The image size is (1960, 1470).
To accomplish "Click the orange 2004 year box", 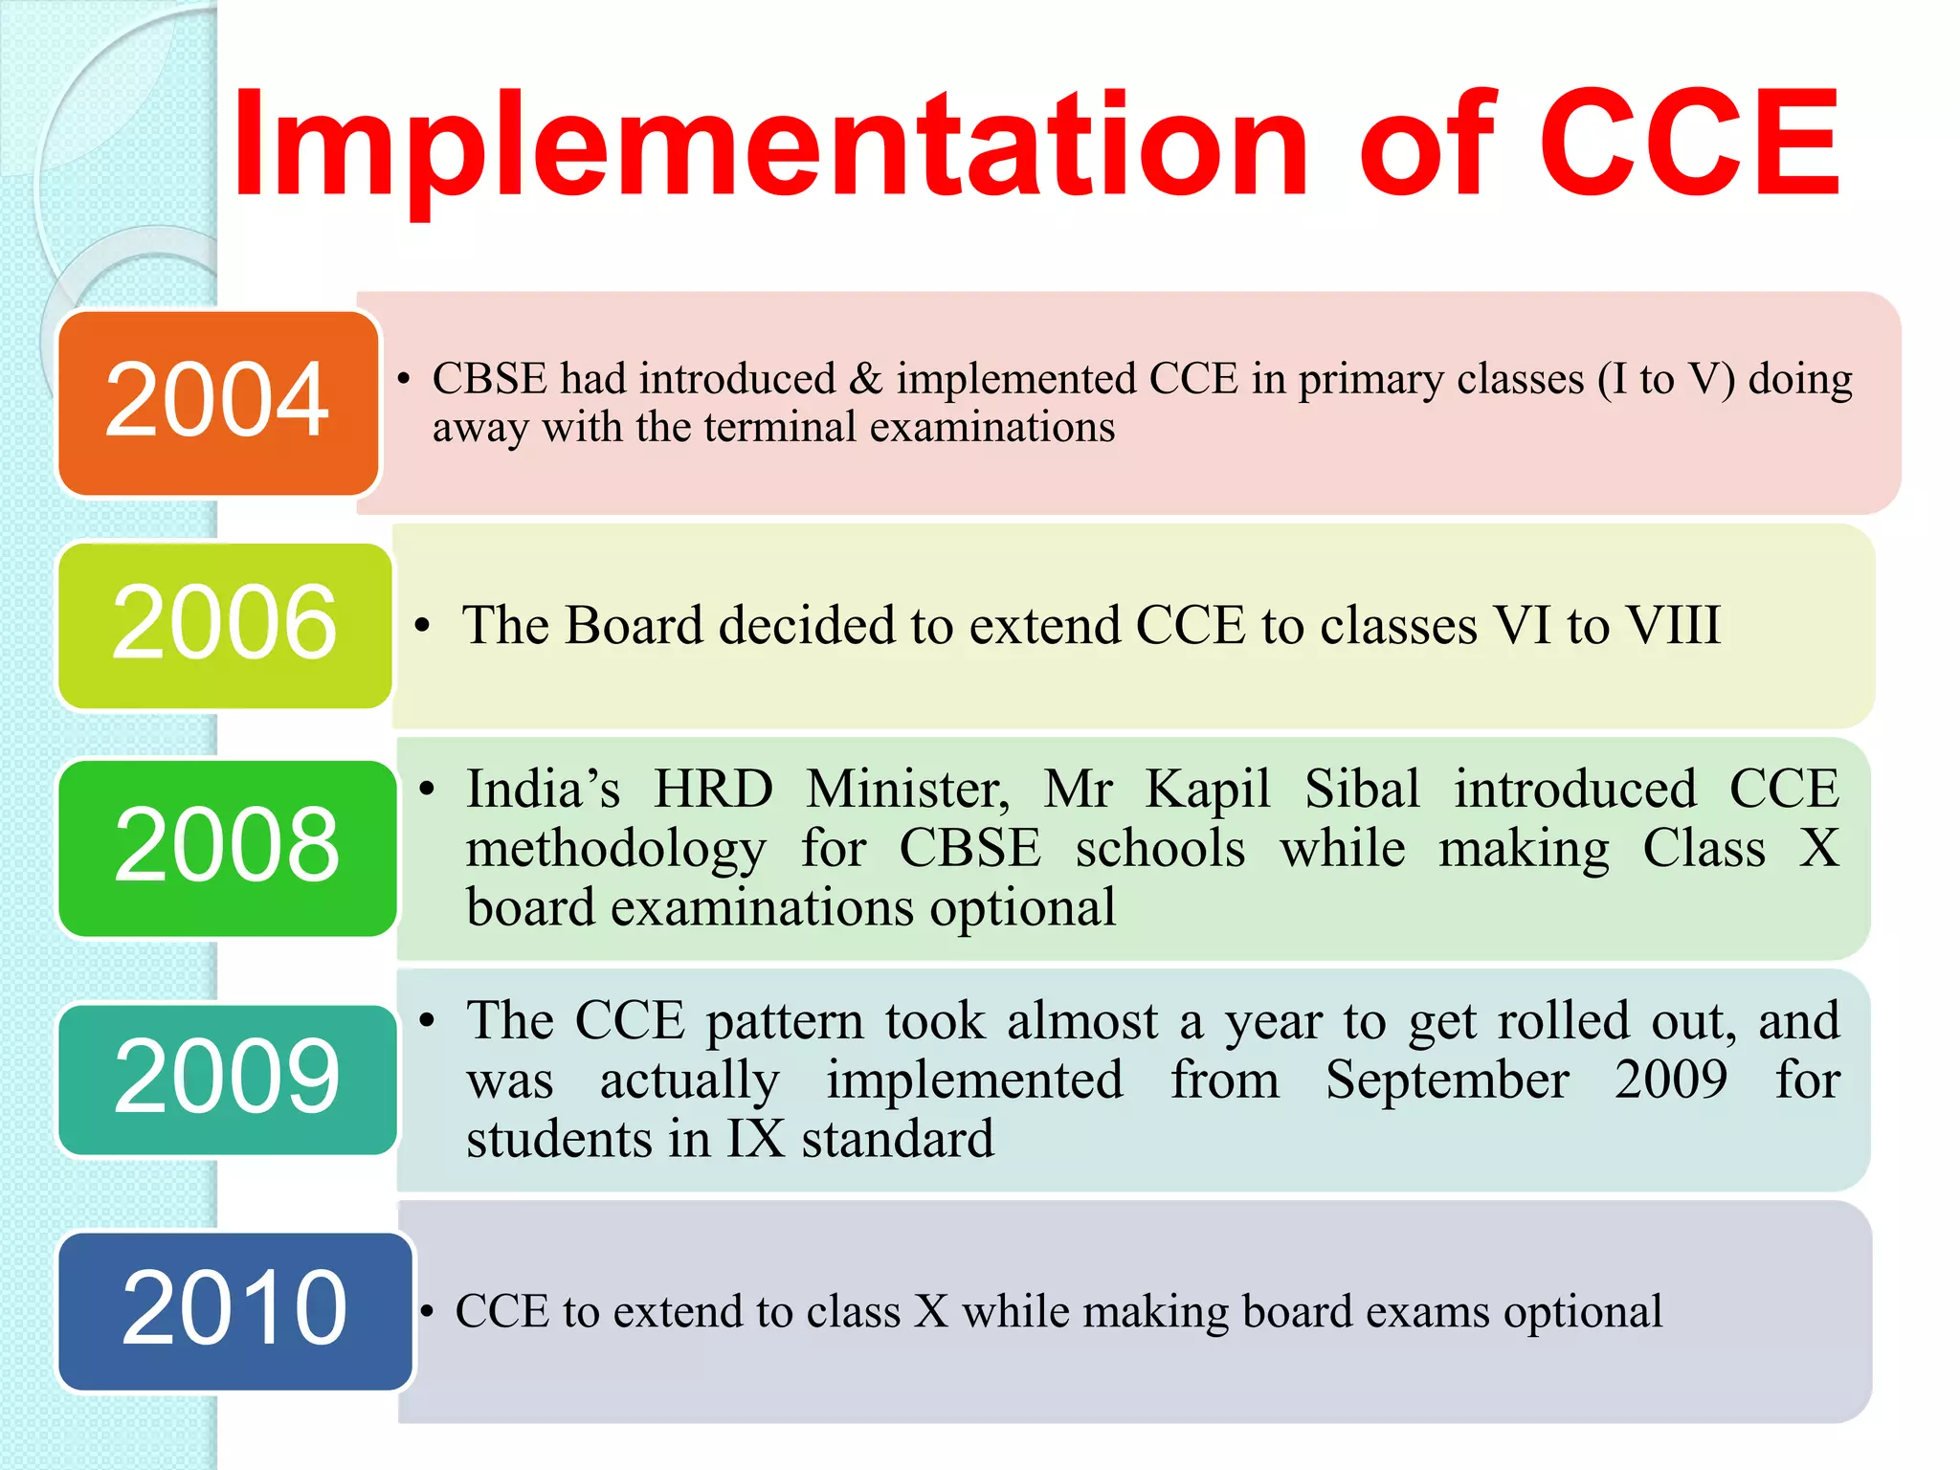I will pos(218,402).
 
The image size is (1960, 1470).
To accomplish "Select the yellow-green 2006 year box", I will pos(225,625).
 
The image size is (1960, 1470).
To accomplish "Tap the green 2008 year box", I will pos(228,847).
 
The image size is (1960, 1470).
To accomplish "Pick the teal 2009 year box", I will pos(228,1079).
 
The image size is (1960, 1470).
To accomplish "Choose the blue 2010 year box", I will pos(234,1310).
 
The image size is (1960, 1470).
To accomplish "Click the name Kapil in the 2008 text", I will pos(1208,790).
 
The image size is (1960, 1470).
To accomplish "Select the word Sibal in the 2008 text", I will pos(1362,790).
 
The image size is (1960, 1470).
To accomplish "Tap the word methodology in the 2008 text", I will pos(615,850).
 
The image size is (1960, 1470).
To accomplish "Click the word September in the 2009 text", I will pos(1447,1080).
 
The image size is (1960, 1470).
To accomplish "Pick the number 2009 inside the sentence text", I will pos(1671,1080).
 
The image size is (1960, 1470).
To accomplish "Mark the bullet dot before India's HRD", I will pos(428,791).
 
